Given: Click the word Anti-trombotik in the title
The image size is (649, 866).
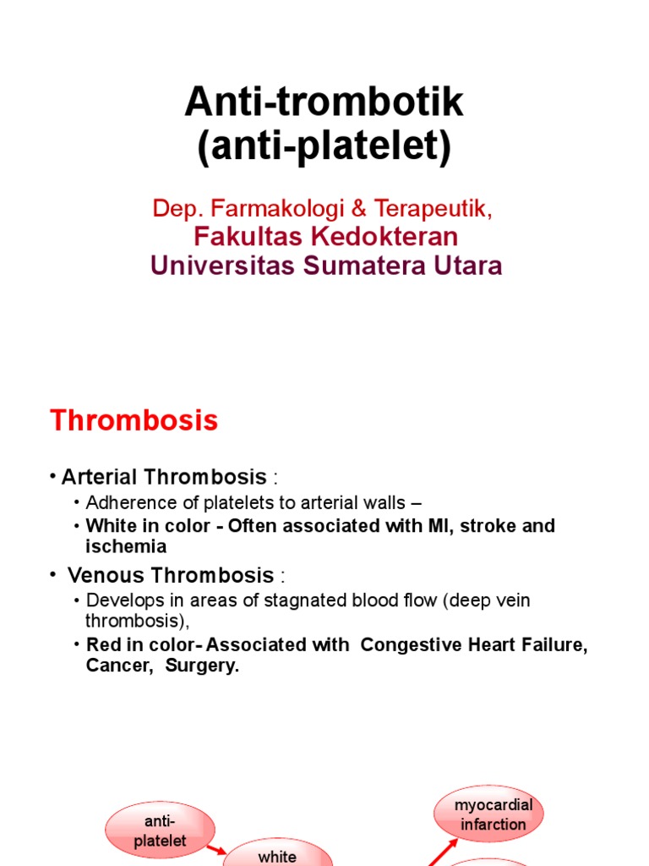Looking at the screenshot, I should click(x=324, y=103).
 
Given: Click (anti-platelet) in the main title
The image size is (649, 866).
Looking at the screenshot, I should click(x=324, y=148).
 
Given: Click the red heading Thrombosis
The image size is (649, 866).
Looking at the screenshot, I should click(x=134, y=420).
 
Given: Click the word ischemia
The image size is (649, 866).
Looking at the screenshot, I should click(x=126, y=546).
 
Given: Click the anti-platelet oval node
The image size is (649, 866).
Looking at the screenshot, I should click(x=160, y=830).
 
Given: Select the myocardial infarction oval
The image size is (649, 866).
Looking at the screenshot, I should click(x=488, y=813).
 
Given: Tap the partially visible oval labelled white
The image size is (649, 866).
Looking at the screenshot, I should click(x=277, y=854).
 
